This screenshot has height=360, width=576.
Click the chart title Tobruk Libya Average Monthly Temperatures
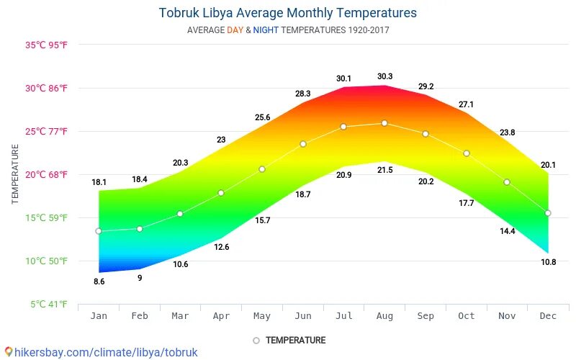click(287, 13)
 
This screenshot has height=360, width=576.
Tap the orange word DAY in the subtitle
click(235, 30)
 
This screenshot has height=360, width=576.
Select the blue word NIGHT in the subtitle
click(266, 30)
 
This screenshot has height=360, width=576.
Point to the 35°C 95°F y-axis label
click(47, 45)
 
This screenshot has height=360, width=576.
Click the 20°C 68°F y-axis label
click(47, 174)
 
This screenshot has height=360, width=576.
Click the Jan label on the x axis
click(99, 316)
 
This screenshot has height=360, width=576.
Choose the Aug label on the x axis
click(384, 316)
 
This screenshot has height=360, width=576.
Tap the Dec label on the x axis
click(548, 316)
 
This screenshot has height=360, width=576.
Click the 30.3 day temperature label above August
click(384, 76)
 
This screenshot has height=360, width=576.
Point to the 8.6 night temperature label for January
click(99, 282)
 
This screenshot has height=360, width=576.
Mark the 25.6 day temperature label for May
click(262, 117)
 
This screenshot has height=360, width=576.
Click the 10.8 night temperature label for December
click(548, 262)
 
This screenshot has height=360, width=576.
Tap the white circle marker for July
click(343, 127)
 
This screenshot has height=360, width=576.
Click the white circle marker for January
click(99, 231)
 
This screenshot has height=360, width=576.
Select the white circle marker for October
click(467, 153)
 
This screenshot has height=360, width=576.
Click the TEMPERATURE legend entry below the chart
click(289, 340)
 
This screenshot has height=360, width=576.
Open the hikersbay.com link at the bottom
click(100, 353)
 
